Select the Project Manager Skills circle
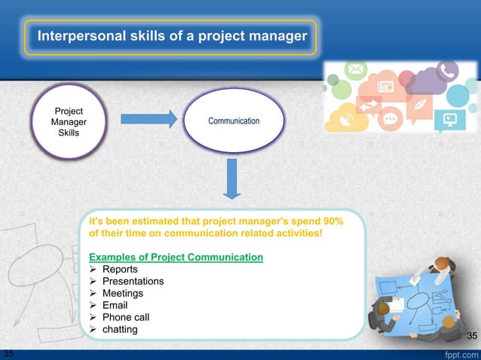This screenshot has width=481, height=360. click(x=68, y=122)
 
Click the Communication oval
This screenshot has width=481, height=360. click(x=234, y=121)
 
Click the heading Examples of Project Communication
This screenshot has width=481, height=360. click(x=176, y=258)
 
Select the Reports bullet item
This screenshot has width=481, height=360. click(x=120, y=270)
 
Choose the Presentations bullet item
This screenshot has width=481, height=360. click(x=133, y=282)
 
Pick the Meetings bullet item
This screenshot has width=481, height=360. click(x=122, y=294)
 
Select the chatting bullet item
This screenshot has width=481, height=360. click(x=120, y=330)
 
